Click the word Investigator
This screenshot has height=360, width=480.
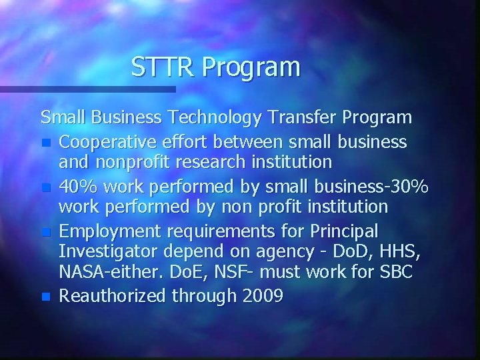click(x=102, y=252)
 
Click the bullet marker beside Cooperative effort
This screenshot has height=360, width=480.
click(x=45, y=142)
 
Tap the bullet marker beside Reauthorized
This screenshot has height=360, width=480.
click(x=45, y=295)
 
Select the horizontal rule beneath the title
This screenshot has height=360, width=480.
click(x=87, y=88)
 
